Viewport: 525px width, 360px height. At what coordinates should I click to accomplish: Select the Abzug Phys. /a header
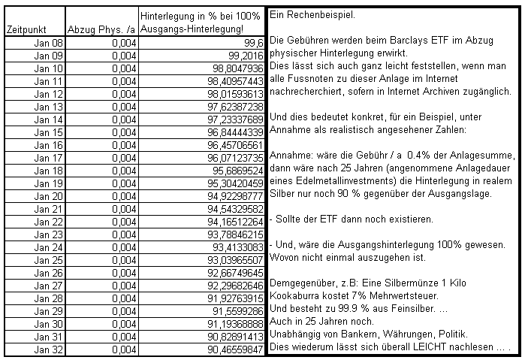100,29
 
